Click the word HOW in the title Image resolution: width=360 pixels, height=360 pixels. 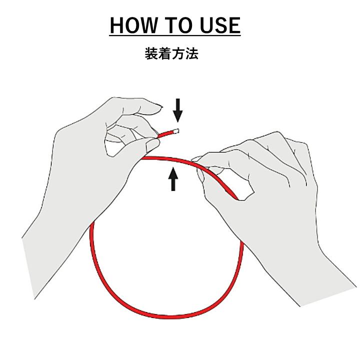[x=133, y=25]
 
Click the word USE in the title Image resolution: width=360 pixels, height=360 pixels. [x=220, y=25]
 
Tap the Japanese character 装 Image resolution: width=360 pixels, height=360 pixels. [x=151, y=53]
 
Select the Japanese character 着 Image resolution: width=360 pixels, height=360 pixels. [x=165, y=53]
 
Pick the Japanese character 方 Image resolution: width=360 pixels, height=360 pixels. [x=178, y=53]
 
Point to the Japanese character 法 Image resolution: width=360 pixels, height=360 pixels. [x=191, y=53]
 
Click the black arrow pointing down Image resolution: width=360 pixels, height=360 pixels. [x=177, y=110]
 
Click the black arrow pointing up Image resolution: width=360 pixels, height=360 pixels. [x=173, y=179]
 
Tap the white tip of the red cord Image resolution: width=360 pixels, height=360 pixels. [x=176, y=131]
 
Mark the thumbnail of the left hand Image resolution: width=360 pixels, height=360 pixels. [x=152, y=145]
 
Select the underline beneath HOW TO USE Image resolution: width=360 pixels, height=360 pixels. [x=174, y=35]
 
